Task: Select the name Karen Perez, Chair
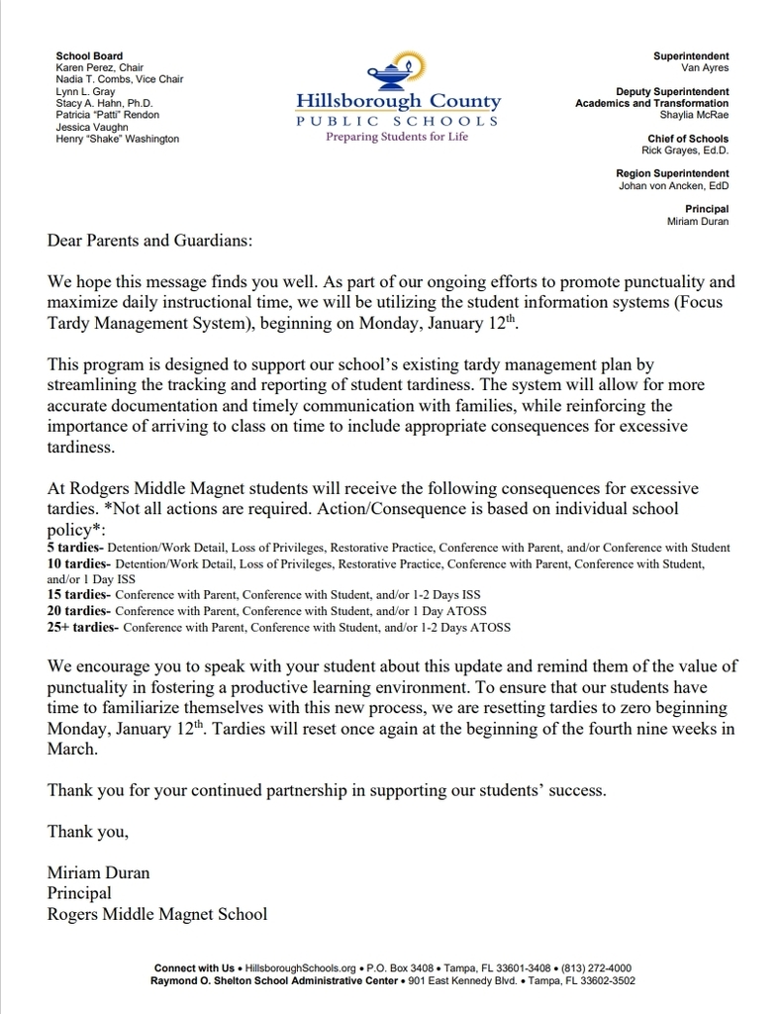(x=100, y=68)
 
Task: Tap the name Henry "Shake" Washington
(x=117, y=139)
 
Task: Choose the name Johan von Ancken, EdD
(x=673, y=185)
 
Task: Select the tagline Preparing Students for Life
(x=397, y=137)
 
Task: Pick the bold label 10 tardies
(x=77, y=562)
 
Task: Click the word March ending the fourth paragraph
(x=72, y=750)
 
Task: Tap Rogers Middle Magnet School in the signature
(x=156, y=914)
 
